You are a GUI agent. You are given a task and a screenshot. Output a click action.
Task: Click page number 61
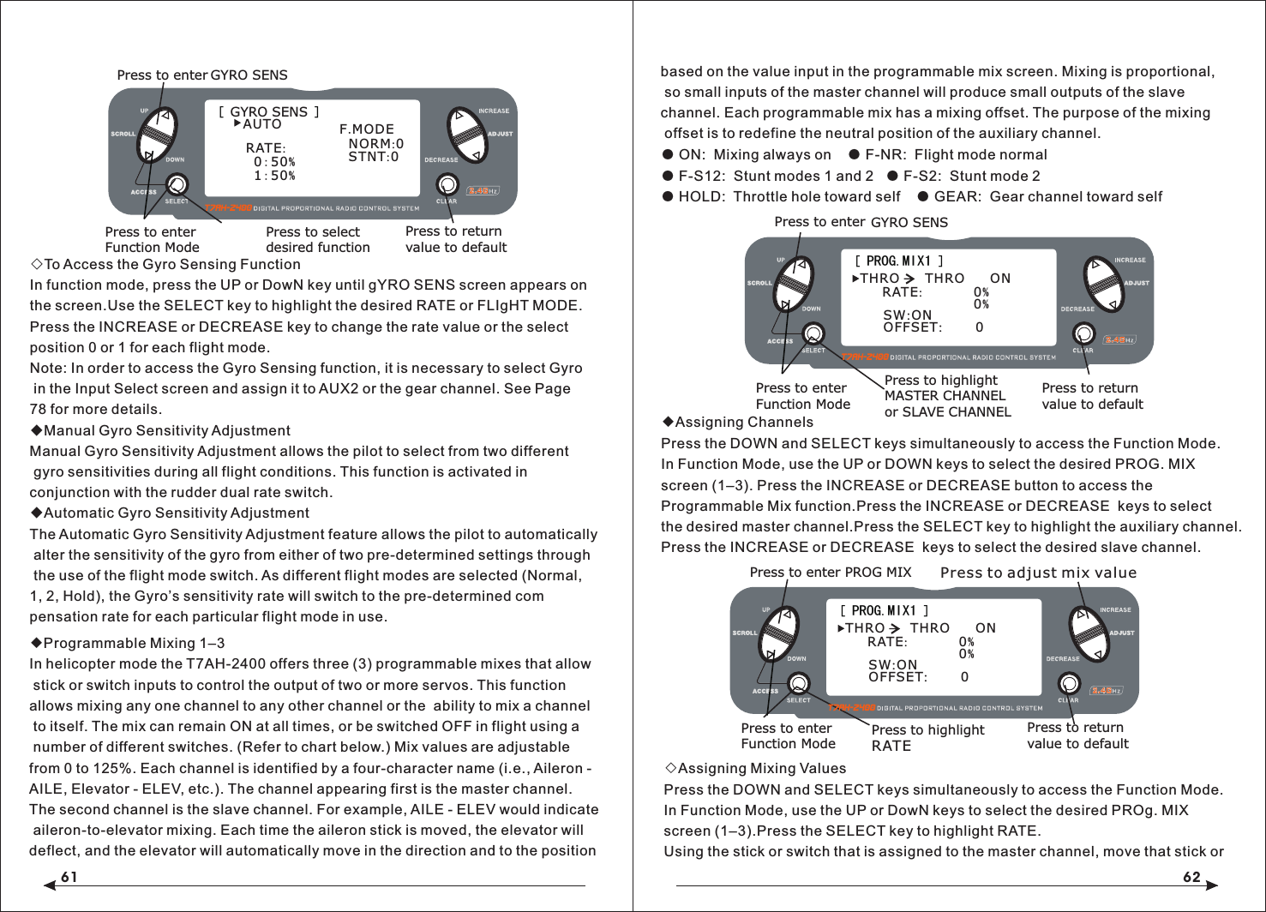coord(69,877)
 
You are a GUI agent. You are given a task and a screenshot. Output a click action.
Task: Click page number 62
coord(1191,877)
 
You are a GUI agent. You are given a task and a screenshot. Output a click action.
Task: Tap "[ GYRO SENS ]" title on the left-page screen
coord(268,111)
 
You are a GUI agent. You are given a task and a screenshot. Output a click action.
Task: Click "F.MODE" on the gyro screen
coord(367,129)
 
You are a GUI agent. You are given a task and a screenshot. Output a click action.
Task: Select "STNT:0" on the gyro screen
coord(373,157)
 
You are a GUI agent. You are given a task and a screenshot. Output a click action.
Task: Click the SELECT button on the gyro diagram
coord(177,184)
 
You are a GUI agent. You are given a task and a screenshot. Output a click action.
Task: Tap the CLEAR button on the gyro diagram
coord(447,184)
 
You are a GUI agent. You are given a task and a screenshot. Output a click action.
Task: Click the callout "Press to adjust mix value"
coord(1038,573)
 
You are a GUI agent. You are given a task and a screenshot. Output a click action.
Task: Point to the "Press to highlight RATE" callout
coord(927,737)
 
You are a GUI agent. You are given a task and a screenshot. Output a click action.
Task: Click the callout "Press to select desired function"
coord(317,239)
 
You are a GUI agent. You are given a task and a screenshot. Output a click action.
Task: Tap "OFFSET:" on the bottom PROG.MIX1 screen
coord(897,677)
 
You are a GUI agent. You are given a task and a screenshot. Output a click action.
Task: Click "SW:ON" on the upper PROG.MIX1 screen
coord(907,315)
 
